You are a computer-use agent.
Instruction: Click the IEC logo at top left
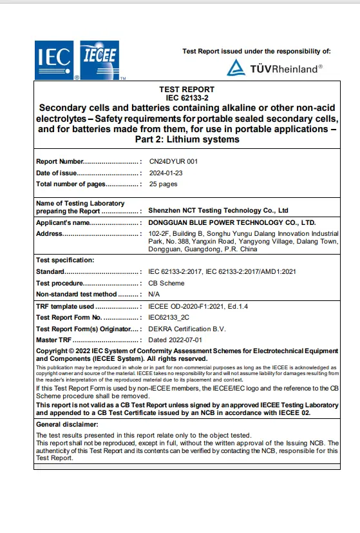coord(54,59)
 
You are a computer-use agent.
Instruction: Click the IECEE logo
coord(99,59)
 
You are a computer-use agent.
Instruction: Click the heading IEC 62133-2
coord(187,98)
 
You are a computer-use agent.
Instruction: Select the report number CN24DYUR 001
coord(173,162)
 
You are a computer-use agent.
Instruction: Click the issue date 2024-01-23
coord(166,173)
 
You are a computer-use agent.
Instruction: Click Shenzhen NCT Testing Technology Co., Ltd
coord(218,211)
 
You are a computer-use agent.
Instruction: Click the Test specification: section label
coord(65,260)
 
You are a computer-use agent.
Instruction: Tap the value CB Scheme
coord(166,283)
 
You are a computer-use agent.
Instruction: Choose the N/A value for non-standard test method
coord(155,294)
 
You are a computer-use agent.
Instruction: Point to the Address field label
coord(49,233)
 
